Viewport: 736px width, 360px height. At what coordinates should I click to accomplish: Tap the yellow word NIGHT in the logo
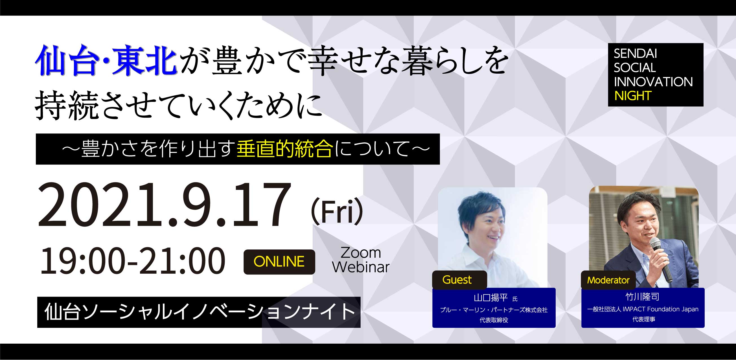click(633, 96)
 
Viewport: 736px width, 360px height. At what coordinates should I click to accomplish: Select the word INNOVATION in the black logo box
click(653, 82)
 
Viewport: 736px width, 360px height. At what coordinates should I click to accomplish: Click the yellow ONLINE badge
click(279, 262)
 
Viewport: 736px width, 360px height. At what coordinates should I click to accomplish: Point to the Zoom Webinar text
click(361, 260)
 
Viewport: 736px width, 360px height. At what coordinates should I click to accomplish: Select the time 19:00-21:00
click(133, 261)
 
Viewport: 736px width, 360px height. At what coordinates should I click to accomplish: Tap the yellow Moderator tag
click(608, 280)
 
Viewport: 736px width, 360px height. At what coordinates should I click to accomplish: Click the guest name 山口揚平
click(490, 298)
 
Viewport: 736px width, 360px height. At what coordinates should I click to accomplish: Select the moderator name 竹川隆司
click(643, 297)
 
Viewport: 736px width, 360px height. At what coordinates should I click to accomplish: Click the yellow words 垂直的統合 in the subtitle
click(285, 149)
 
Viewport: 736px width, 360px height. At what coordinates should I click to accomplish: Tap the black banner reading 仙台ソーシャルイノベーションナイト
click(199, 312)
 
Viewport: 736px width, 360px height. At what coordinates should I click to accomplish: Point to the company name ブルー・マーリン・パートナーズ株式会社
click(494, 310)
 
